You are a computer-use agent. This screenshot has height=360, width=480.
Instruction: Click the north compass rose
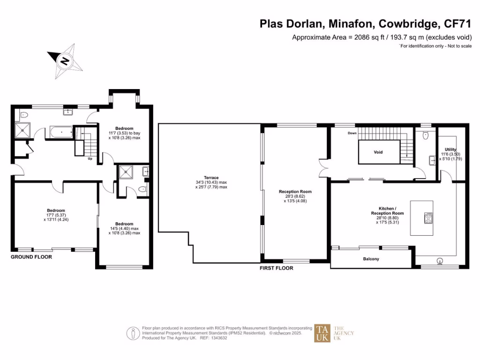click(x=65, y=60)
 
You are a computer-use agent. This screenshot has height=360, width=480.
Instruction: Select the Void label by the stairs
click(x=378, y=152)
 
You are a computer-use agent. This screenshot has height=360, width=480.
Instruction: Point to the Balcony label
click(x=371, y=259)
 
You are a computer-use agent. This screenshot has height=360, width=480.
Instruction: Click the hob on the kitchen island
click(x=428, y=218)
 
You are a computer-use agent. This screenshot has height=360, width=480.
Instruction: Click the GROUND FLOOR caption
click(x=32, y=257)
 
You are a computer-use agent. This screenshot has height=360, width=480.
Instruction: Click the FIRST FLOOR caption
click(x=277, y=268)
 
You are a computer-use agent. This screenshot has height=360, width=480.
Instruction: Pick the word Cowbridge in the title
click(x=410, y=24)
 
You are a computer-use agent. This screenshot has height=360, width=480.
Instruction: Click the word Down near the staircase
click(x=352, y=133)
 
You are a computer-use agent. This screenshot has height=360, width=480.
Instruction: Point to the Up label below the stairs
click(x=90, y=158)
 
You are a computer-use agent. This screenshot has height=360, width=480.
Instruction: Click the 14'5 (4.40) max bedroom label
click(x=124, y=228)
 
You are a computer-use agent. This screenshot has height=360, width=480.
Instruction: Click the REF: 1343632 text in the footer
click(x=213, y=337)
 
